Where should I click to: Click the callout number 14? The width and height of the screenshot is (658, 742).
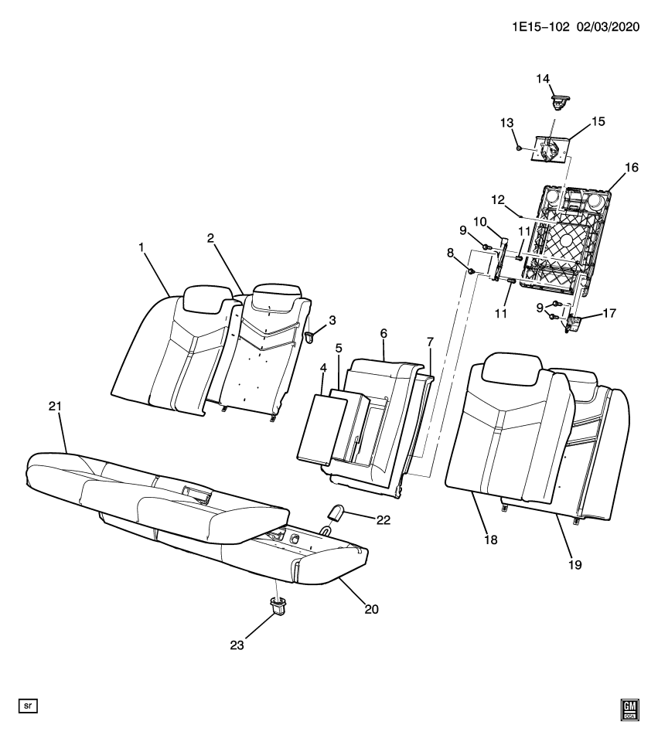[543, 78]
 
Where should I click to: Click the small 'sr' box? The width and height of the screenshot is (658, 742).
[28, 706]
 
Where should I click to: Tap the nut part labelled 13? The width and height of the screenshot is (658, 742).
[520, 148]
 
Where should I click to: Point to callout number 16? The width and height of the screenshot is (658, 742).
[632, 167]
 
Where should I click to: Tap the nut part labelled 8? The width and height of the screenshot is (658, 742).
[471, 272]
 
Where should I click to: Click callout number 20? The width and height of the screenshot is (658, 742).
[371, 608]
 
